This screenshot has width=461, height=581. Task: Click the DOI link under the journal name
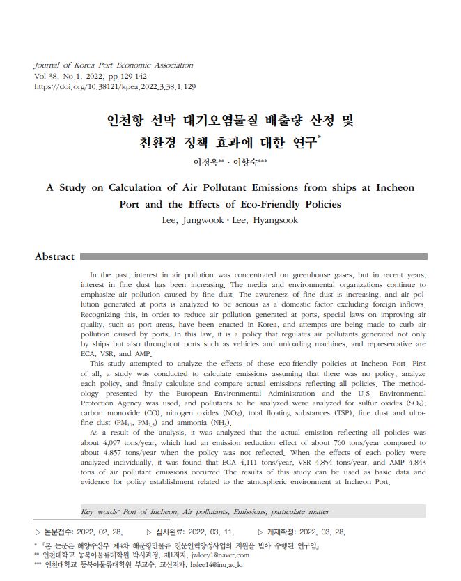coord(115,87)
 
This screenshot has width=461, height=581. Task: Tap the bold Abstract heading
coord(54,256)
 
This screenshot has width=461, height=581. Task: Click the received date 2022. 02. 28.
coord(101,532)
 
